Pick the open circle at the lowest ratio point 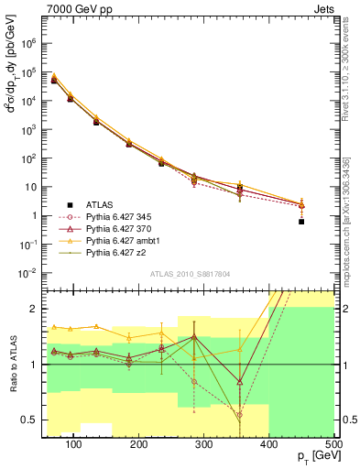[239, 414]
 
